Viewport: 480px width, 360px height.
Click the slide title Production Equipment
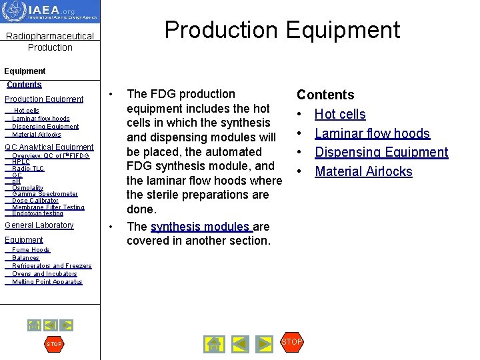click(x=282, y=30)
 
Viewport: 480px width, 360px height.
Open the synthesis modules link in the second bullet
click(x=201, y=227)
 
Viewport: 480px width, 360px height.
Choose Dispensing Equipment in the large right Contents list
click(x=381, y=152)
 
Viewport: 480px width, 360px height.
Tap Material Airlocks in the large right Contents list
click(x=363, y=171)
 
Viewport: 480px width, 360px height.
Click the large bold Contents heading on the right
click(x=325, y=95)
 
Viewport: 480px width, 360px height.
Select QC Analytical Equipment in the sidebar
click(x=49, y=147)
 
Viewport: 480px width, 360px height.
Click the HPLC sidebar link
click(x=21, y=162)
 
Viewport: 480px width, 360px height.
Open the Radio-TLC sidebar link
click(x=28, y=169)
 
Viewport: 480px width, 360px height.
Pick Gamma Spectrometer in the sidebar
click(x=45, y=194)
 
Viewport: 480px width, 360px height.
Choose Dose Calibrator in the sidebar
click(x=35, y=201)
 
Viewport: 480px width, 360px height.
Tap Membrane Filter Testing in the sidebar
click(x=48, y=207)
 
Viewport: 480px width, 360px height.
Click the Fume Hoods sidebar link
click(x=31, y=250)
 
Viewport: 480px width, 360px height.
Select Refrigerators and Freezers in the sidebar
click(x=52, y=266)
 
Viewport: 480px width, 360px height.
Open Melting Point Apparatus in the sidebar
click(x=47, y=282)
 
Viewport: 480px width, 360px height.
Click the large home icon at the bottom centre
click(x=213, y=344)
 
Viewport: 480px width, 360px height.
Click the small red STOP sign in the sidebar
click(x=53, y=344)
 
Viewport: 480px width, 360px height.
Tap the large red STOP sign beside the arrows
click(x=292, y=342)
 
